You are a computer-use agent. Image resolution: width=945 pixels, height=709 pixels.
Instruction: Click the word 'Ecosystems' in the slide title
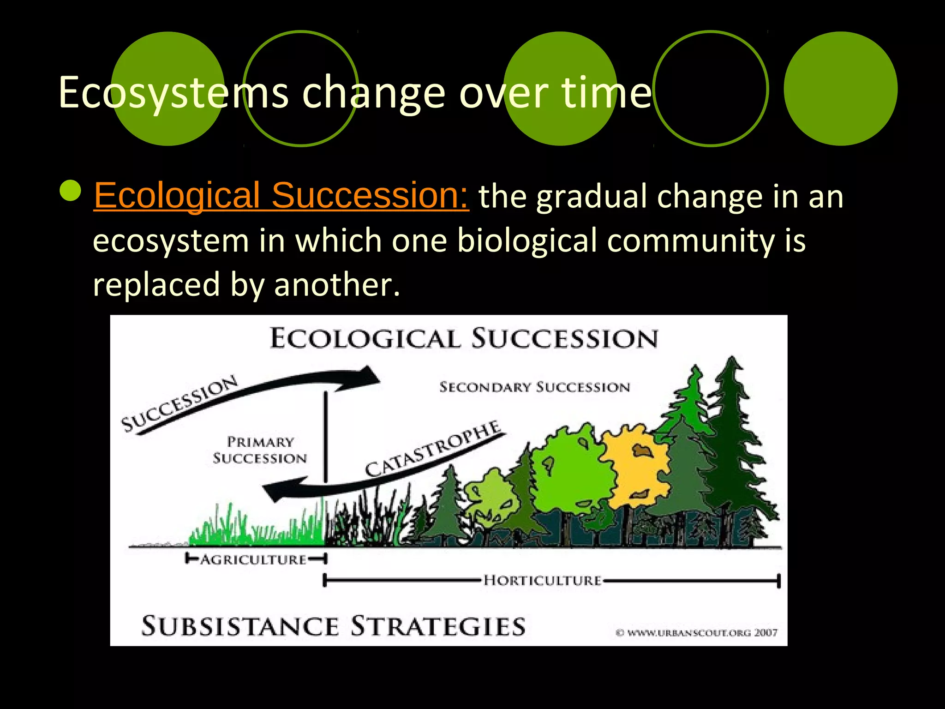pyautogui.click(x=173, y=93)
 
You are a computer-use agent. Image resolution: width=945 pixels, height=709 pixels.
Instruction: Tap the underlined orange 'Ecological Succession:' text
pyautogui.click(x=281, y=196)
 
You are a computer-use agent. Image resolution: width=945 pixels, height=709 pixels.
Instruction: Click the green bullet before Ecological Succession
pyautogui.click(x=71, y=190)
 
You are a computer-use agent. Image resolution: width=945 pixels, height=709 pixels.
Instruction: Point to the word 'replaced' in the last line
pyautogui.click(x=156, y=284)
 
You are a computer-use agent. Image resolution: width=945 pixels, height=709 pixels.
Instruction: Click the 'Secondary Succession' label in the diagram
pyautogui.click(x=534, y=387)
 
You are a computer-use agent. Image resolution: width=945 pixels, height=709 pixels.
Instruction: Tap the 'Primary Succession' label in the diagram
pyautogui.click(x=260, y=450)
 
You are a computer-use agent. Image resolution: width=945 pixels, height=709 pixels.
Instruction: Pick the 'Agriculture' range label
pyautogui.click(x=253, y=559)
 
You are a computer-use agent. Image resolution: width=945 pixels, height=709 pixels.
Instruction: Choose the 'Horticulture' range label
pyautogui.click(x=543, y=580)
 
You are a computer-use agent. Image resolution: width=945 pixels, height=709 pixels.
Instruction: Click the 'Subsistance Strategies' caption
pyautogui.click(x=333, y=626)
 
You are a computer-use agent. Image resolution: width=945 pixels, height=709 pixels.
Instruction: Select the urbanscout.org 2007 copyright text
pyautogui.click(x=697, y=632)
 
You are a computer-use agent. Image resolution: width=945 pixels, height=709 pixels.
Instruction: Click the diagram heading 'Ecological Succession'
pyautogui.click(x=463, y=338)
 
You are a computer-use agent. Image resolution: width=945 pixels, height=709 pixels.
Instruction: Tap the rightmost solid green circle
pyautogui.click(x=840, y=89)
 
